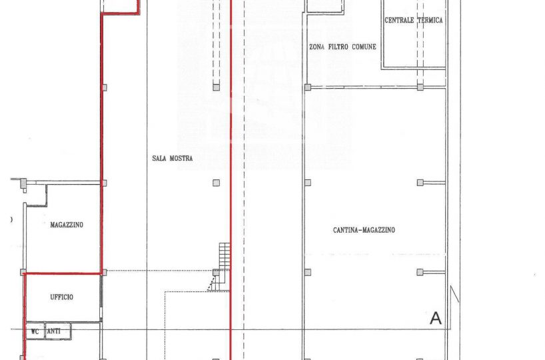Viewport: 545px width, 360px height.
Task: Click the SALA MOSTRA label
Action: (x=173, y=158)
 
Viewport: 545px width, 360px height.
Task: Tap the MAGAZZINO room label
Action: (x=67, y=225)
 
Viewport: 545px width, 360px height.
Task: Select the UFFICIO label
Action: (x=61, y=297)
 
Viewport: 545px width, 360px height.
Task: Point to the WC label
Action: (x=35, y=331)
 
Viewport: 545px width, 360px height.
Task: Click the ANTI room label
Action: (x=53, y=331)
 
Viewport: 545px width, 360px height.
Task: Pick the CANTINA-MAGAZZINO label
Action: (x=364, y=230)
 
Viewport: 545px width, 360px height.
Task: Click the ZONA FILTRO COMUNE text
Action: (x=342, y=47)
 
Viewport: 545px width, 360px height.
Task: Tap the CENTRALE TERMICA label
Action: (x=414, y=20)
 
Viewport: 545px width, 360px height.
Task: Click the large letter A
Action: (x=436, y=318)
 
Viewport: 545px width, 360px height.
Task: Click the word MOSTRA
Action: (x=181, y=158)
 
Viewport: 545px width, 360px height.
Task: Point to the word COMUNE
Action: (x=364, y=47)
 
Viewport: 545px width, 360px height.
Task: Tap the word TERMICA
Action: (x=430, y=20)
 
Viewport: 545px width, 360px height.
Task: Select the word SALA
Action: (x=159, y=158)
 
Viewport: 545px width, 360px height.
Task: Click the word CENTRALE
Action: (x=399, y=20)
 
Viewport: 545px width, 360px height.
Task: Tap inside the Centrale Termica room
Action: (x=414, y=42)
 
